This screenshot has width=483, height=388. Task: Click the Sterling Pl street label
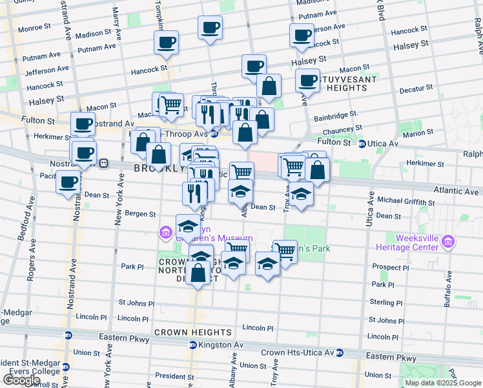(x=385, y=302)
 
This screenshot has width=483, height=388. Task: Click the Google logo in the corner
(x=21, y=381)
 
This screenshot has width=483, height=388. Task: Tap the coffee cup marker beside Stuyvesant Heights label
(x=308, y=81)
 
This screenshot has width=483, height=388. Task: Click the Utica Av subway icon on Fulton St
(x=362, y=144)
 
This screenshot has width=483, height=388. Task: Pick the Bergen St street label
(x=139, y=213)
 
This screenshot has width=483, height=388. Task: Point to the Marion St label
(x=418, y=133)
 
